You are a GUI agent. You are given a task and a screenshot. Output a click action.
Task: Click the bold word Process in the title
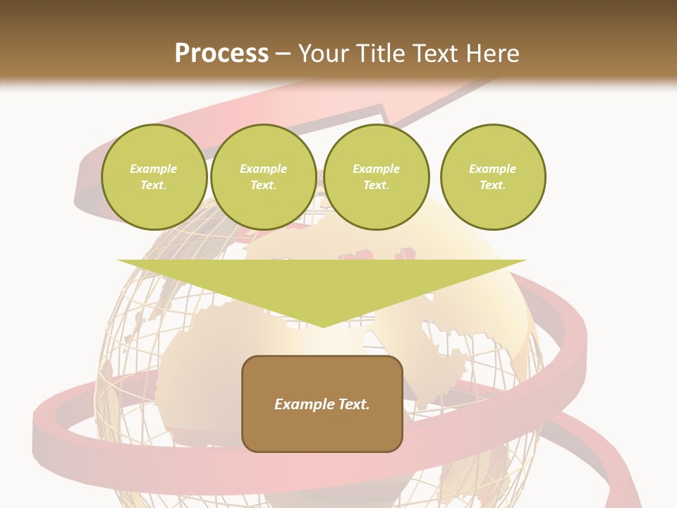tap(221, 54)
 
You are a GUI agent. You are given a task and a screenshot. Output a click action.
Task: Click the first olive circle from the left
tap(154, 177)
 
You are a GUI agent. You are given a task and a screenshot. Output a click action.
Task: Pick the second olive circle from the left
tap(264, 177)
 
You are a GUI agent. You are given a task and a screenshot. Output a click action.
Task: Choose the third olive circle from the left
tap(377, 177)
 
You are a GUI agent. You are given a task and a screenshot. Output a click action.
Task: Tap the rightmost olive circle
tap(493, 177)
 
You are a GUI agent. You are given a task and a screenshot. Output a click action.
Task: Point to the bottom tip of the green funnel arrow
tap(322, 327)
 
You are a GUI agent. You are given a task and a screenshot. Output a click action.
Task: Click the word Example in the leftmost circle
tap(154, 169)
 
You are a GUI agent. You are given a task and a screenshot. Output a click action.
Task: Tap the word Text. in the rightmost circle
tap(493, 186)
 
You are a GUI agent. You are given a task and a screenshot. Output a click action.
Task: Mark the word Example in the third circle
tap(377, 169)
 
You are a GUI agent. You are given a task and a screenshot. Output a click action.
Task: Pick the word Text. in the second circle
tap(264, 186)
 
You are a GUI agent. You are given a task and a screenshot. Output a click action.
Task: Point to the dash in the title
tap(283, 54)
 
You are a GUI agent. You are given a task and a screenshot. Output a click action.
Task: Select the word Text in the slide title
tap(436, 54)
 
